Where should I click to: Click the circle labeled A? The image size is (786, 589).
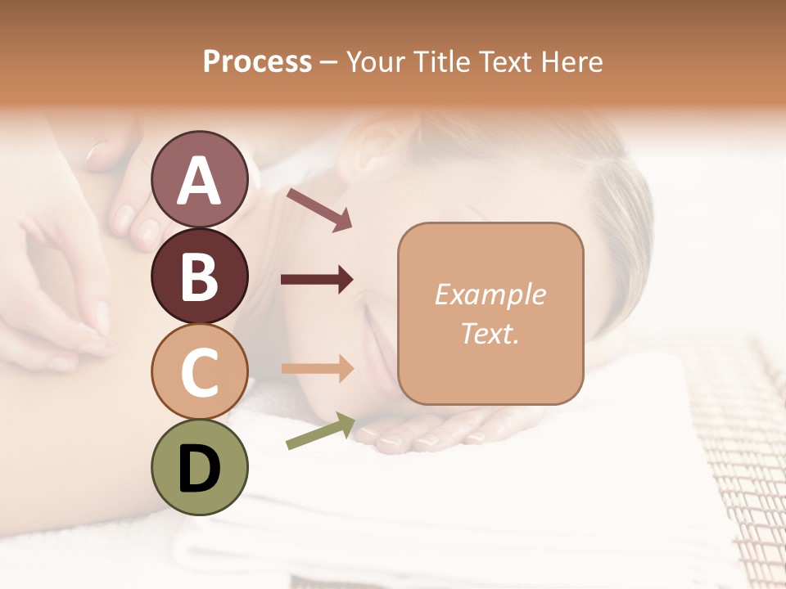(199, 179)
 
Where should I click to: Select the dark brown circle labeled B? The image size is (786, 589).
(199, 276)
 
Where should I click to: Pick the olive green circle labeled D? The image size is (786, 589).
(199, 467)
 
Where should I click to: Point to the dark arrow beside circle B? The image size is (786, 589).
(317, 280)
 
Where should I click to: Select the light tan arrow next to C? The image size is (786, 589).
(317, 368)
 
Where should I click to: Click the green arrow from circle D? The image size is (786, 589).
(320, 430)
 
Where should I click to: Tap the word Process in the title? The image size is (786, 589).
(257, 62)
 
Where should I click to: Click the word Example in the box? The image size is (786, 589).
(490, 294)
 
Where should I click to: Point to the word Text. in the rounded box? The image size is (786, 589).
(490, 333)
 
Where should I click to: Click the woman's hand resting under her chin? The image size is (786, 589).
(442, 429)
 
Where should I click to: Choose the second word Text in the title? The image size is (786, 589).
(502, 62)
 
